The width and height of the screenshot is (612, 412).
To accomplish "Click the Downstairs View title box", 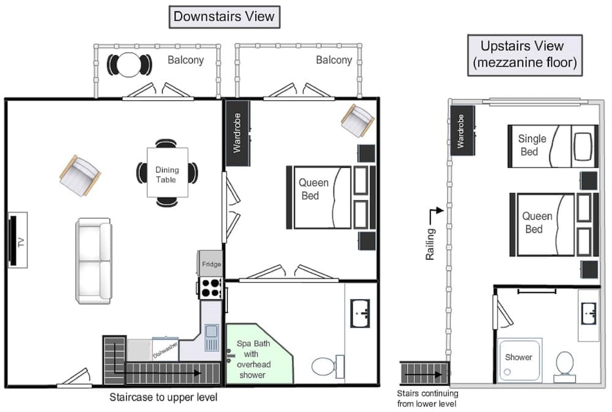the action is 225,17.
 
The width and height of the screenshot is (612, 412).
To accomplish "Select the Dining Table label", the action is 167,174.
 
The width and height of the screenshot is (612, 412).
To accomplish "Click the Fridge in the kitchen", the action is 211,264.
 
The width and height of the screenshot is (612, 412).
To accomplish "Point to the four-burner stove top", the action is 211,288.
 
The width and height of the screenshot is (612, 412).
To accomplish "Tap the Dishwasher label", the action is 165,350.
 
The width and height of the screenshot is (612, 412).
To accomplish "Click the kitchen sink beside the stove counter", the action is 212,337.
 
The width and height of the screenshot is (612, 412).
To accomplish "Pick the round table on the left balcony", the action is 129,65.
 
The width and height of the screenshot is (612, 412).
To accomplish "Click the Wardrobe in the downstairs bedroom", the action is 237,133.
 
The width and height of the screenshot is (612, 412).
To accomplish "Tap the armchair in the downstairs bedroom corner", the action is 357,120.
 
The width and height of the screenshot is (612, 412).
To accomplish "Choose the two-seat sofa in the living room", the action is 93,261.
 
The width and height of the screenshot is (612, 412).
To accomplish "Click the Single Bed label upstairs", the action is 532,145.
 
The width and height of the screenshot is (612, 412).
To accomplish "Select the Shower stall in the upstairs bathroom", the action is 520,360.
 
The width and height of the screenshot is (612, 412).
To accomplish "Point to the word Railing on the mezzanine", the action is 430,244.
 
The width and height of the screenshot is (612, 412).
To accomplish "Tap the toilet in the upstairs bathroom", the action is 564,367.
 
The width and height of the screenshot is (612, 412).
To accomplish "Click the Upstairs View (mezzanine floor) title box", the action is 525,55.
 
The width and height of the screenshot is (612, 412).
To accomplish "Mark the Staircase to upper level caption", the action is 163,397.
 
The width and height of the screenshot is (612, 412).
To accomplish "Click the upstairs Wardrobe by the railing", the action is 463,130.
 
